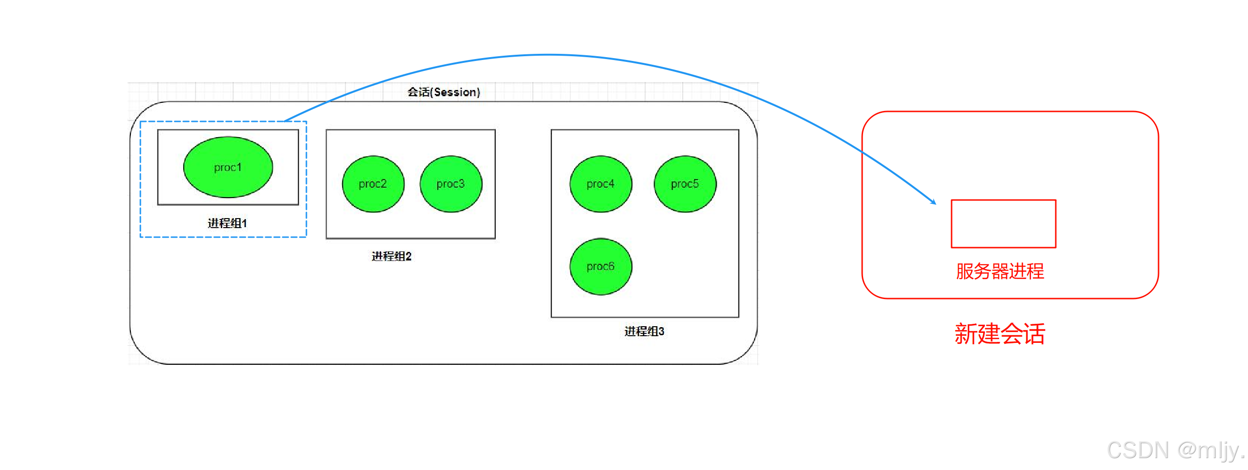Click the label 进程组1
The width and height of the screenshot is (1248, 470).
tap(227, 223)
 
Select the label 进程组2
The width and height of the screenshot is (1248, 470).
tap(392, 256)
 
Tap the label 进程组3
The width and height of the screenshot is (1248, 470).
tap(644, 331)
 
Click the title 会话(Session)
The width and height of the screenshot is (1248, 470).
tap(443, 92)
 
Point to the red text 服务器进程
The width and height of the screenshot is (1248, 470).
tap(1000, 271)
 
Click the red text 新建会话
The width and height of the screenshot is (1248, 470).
tap(1000, 334)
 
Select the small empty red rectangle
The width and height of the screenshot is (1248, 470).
tap(1003, 224)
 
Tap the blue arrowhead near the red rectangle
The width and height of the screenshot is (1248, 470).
tap(933, 201)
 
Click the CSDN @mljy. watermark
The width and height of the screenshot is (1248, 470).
tap(1175, 450)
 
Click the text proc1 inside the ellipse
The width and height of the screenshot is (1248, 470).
tap(228, 167)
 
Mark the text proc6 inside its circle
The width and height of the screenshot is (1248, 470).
tap(601, 266)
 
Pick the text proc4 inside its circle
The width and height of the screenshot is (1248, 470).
tap(601, 184)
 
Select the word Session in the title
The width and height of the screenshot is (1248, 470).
tap(454, 92)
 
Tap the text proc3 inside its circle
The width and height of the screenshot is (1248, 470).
tap(451, 184)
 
